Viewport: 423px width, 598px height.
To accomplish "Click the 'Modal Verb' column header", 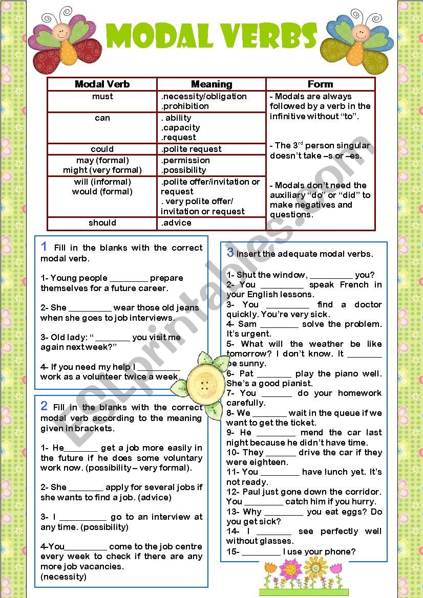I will pyautogui.click(x=102, y=84).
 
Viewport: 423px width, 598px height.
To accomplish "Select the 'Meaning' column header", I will pyautogui.click(x=211, y=84).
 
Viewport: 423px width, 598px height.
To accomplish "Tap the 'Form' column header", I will pyautogui.click(x=320, y=84).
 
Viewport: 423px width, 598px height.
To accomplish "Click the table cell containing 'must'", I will pyautogui.click(x=102, y=97).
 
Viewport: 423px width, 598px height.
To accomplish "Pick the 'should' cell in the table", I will pyautogui.click(x=102, y=223).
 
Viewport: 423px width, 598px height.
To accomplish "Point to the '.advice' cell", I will pyautogui.click(x=176, y=223).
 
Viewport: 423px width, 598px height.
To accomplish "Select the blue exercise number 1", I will pyautogui.click(x=45, y=247).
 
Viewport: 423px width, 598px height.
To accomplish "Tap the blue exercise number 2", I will pyautogui.click(x=45, y=406).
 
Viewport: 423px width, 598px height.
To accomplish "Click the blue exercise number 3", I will pyautogui.click(x=230, y=252).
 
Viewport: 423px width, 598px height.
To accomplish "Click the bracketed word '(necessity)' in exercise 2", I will pyautogui.click(x=64, y=577).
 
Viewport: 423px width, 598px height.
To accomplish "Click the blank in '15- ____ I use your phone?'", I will pyautogui.click(x=261, y=551).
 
